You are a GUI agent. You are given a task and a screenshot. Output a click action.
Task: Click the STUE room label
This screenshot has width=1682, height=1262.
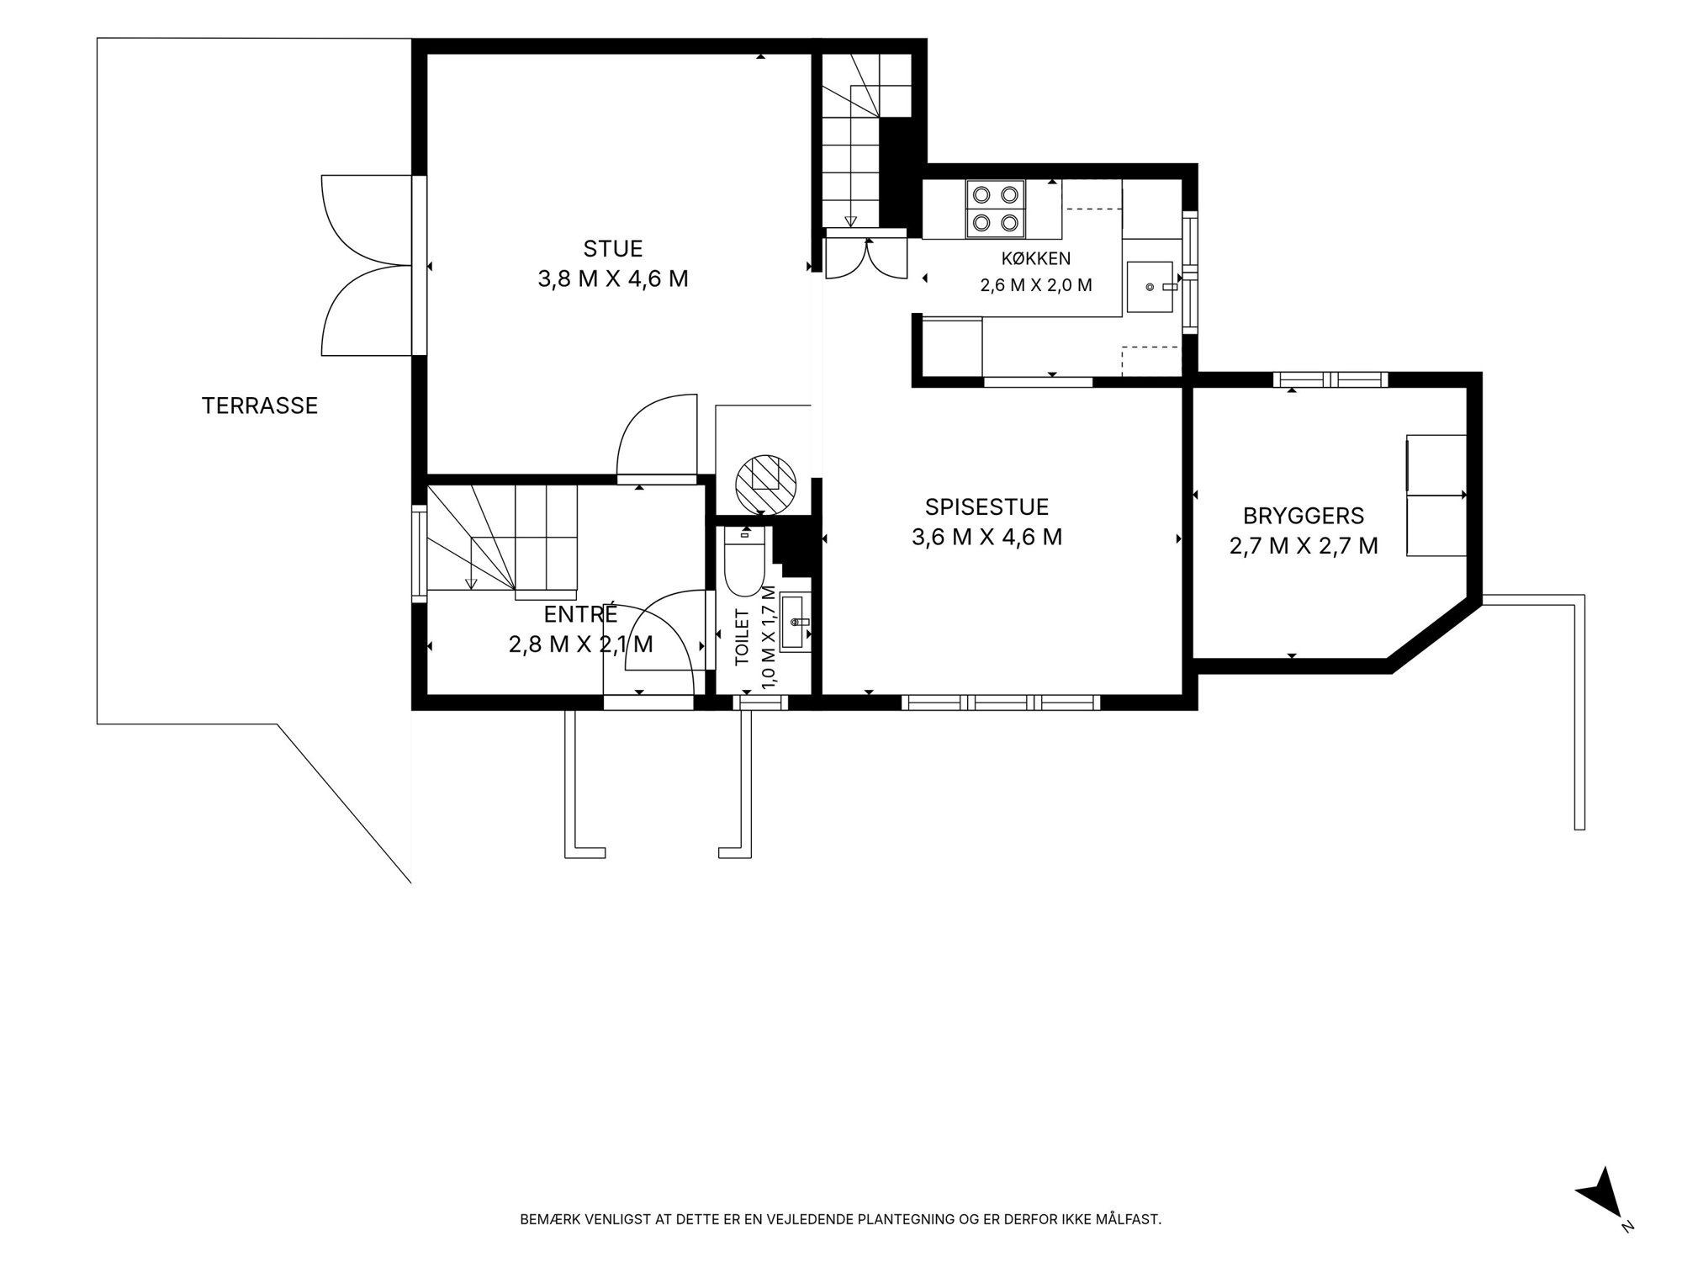coord(613,249)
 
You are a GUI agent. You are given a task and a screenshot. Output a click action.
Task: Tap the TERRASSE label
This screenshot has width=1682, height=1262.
coord(260,406)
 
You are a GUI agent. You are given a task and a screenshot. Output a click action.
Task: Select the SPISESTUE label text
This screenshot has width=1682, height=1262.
coord(986,507)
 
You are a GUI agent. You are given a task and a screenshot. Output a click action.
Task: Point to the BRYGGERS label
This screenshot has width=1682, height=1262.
coord(1304,516)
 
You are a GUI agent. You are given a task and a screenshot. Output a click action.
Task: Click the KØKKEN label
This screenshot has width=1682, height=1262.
coord(1035,258)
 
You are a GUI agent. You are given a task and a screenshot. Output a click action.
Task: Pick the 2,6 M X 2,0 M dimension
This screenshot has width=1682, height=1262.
coord(1036,285)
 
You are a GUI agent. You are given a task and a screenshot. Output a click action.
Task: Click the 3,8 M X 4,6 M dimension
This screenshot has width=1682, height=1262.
coord(613,278)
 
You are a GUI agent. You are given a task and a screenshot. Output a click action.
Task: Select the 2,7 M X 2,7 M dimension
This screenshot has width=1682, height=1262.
coord(1304,546)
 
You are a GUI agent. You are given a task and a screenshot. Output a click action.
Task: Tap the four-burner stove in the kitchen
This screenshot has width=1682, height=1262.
coord(996,208)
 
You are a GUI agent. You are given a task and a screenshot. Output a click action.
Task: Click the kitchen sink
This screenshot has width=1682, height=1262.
coord(1150,287)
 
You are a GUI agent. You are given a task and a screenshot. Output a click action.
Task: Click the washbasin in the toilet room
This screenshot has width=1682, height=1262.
coord(793,622)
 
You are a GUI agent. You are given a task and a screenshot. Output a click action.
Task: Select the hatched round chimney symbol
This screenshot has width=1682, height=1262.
coord(765,485)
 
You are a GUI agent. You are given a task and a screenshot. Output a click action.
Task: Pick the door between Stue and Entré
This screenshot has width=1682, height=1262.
coord(658,438)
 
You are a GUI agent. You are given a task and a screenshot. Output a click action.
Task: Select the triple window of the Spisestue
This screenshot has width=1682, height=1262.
coord(1001,703)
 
